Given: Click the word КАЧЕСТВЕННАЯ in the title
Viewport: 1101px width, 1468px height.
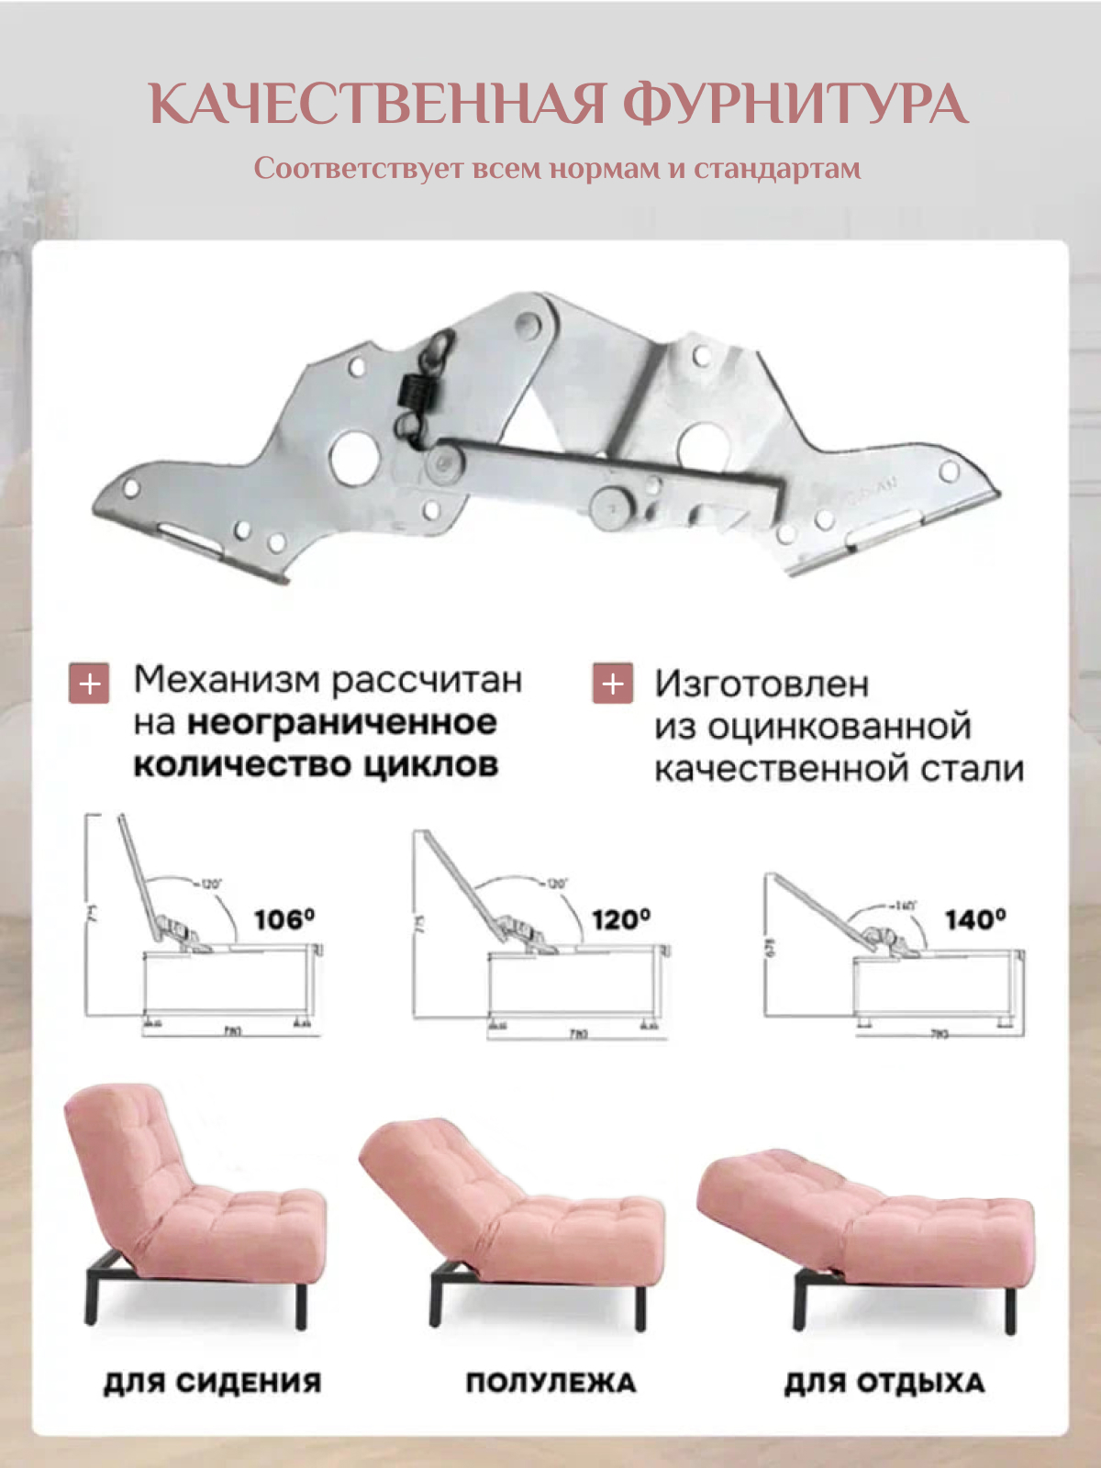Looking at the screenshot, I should (x=377, y=104).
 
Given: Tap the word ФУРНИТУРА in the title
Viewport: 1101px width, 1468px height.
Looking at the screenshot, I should (x=795, y=104).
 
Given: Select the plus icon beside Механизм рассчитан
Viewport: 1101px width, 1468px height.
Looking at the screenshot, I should (x=89, y=684).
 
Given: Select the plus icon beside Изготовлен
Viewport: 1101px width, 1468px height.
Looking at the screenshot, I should (x=613, y=684).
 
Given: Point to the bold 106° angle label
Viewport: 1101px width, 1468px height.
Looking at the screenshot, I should (x=284, y=918).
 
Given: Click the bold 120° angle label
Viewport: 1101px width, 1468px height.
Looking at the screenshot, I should (x=621, y=918).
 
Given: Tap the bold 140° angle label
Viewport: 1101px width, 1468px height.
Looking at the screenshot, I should (x=975, y=918).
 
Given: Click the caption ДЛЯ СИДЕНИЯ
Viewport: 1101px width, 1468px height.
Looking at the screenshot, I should (x=212, y=1383).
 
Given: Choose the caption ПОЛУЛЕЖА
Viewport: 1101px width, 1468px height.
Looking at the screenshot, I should (x=550, y=1383).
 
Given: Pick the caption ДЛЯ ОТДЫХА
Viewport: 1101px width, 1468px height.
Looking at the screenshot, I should (x=884, y=1383).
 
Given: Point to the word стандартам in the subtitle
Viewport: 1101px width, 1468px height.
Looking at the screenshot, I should (x=777, y=169).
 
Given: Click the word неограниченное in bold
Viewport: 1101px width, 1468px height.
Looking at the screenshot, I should (x=342, y=723).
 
